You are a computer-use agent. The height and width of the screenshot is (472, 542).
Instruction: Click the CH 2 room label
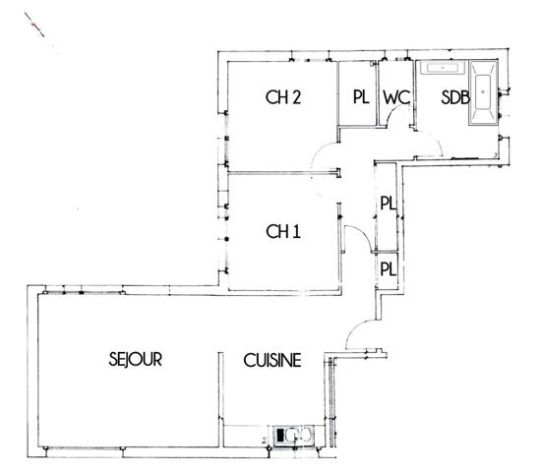coord(282,97)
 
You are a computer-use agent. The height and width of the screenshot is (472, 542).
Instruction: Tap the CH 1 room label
coord(282,232)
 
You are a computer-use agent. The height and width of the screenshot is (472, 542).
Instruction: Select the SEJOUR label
coord(135,360)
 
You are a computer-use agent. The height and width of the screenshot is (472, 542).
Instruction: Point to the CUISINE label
coord(272,361)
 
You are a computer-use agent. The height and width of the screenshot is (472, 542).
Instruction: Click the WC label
coord(395,97)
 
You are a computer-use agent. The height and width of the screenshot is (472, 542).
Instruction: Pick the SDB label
coord(453,97)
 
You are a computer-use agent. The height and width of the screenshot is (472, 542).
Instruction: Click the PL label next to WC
coord(359,97)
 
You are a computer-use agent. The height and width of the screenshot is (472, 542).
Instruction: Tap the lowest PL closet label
coord(388,267)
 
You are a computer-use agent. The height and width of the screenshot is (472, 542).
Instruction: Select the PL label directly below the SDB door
coord(388,204)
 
